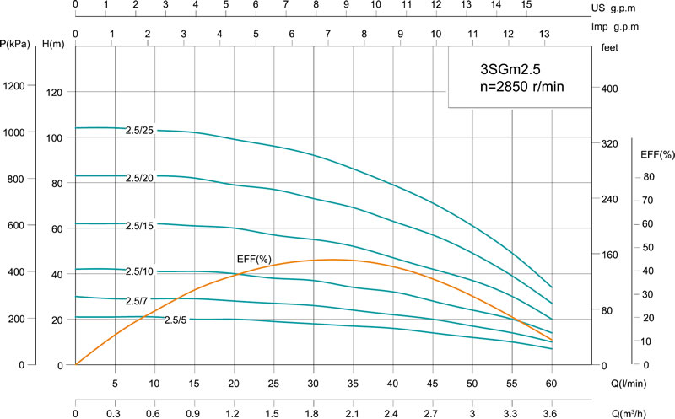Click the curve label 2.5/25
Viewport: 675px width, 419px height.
(x=141, y=131)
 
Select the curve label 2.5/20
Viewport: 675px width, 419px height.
(x=141, y=178)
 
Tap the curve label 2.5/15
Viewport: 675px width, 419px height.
(x=141, y=226)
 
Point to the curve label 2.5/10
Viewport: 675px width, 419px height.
(x=141, y=271)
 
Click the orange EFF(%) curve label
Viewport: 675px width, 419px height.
(x=253, y=257)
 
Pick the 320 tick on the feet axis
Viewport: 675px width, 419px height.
(x=609, y=144)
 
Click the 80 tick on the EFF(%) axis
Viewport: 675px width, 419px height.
(x=649, y=176)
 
